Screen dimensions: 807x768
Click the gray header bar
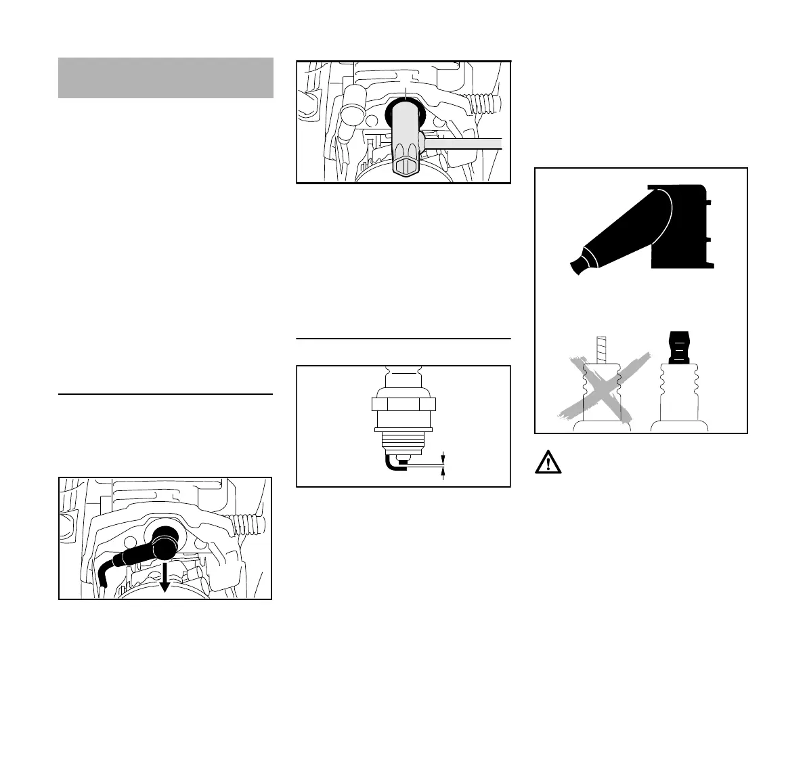click(x=165, y=77)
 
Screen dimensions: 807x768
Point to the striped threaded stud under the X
click(x=597, y=349)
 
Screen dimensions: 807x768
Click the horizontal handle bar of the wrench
click(x=464, y=144)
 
